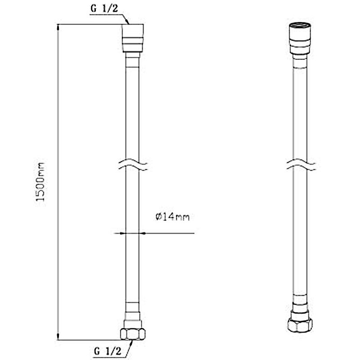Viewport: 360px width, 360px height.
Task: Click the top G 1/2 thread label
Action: [104, 9]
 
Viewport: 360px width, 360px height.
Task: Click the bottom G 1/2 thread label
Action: [108, 351]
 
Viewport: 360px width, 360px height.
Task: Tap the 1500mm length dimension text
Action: [40, 182]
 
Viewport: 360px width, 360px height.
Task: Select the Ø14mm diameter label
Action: [173, 217]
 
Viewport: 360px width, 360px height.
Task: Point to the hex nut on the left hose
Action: [133, 334]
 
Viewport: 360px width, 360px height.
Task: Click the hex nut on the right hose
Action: [300, 324]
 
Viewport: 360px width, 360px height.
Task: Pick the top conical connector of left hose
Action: [133, 38]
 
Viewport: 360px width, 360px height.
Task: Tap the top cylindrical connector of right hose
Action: [300, 39]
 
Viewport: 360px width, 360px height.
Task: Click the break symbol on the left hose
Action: [133, 164]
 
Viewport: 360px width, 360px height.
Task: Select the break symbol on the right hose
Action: [301, 164]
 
